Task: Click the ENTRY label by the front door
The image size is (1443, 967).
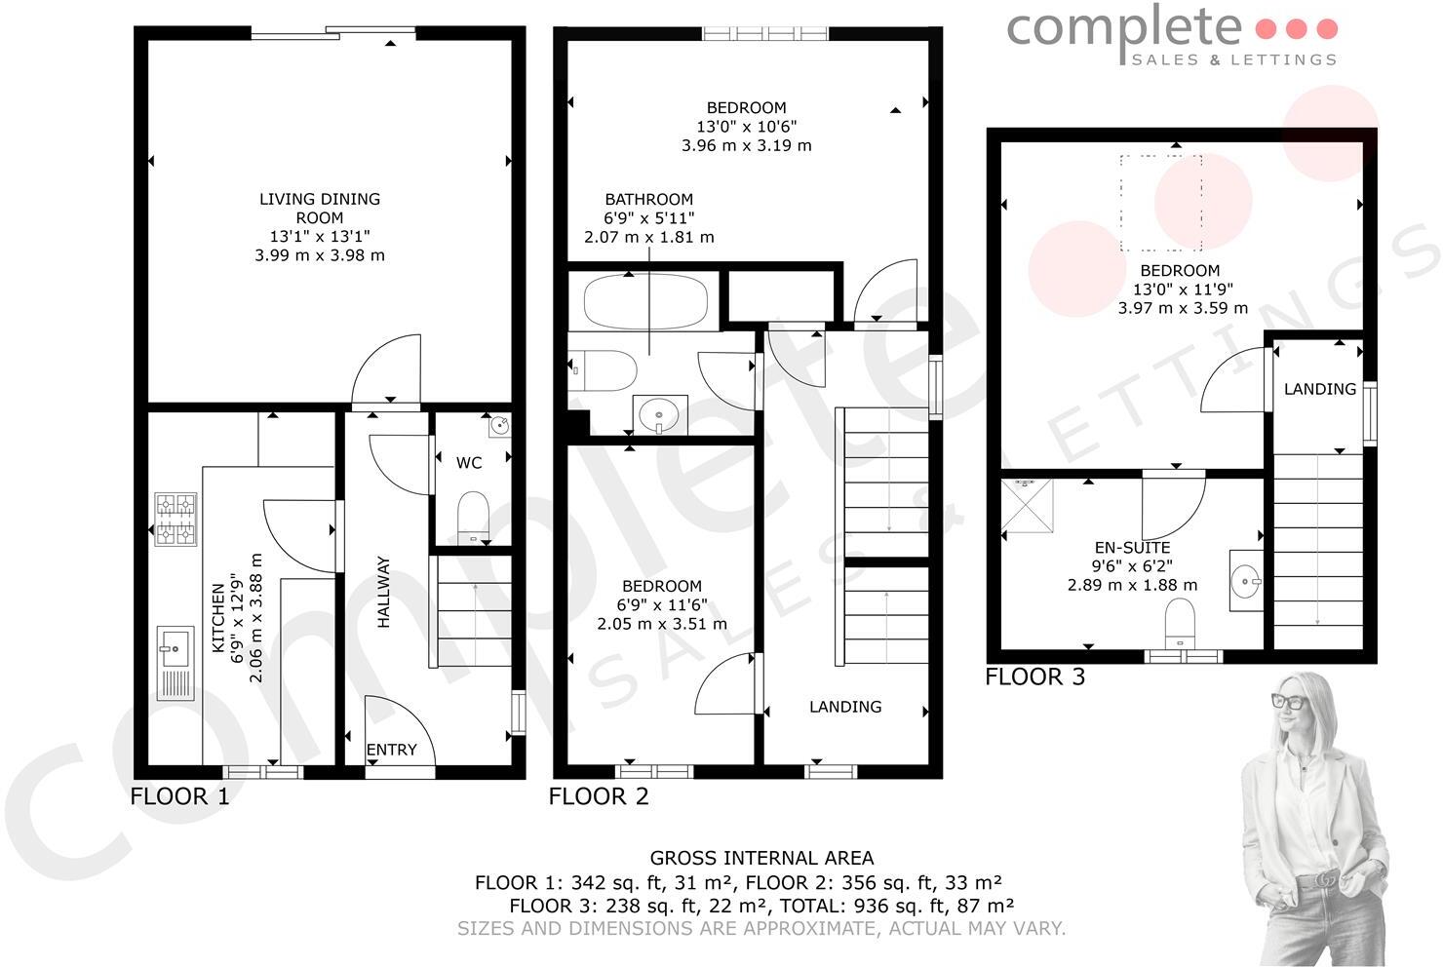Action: (391, 750)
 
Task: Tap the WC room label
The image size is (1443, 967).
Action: (469, 463)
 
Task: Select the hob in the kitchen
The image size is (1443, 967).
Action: (175, 519)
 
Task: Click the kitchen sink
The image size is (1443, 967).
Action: (175, 663)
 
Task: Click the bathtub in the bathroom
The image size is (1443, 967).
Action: (644, 302)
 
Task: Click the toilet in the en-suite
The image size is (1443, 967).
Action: (1181, 621)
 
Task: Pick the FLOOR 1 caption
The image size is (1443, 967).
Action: (180, 796)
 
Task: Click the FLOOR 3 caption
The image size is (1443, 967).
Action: (1034, 677)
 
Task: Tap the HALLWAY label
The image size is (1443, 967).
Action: (383, 592)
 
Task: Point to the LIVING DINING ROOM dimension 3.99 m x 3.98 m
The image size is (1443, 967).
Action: (320, 255)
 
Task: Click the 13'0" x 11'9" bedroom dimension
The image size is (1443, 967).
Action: (1183, 290)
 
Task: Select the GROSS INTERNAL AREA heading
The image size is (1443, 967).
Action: (761, 859)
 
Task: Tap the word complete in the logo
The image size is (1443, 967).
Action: (1124, 29)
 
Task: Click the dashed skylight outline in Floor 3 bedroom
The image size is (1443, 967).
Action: (1160, 203)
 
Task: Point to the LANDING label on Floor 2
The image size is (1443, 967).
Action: (845, 707)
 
